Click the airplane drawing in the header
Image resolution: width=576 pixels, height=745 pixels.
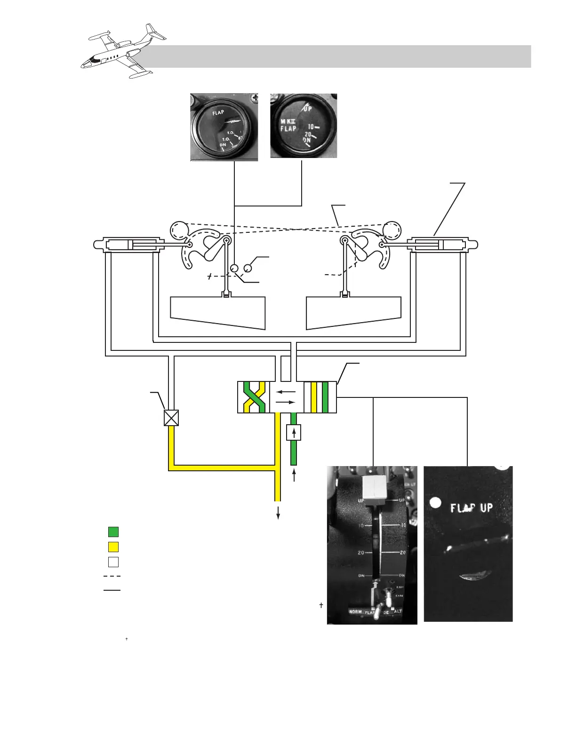123,51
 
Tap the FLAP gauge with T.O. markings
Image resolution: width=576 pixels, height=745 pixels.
224,127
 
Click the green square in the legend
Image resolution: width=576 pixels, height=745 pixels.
113,532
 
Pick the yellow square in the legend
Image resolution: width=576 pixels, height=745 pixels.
113,547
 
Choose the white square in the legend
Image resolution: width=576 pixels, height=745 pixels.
113,562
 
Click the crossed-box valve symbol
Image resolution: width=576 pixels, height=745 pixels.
171,418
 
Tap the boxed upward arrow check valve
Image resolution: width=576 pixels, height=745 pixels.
294,432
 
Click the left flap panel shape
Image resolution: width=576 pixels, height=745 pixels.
218,313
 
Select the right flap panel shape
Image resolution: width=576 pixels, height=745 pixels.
354,313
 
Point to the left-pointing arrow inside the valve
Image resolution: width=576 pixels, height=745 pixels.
286,391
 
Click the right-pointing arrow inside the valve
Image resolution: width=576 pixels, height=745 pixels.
286,403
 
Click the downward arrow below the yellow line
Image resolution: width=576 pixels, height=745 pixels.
278,513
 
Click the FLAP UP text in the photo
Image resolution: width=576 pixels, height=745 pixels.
471,508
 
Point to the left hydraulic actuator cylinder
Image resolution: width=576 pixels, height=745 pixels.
132,245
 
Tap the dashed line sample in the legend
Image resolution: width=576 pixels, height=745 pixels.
112,576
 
